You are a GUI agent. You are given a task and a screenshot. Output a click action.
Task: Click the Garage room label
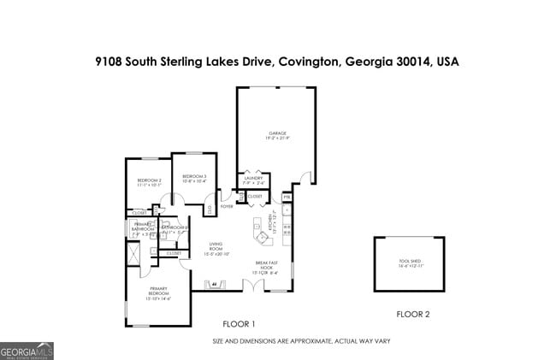pyautogui.click(x=277, y=135)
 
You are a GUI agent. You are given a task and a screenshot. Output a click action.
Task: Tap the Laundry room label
pyautogui.click(x=253, y=180)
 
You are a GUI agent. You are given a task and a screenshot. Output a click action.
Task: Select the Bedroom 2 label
pyautogui.click(x=149, y=181)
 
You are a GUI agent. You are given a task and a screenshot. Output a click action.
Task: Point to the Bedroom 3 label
pyautogui.click(x=194, y=179)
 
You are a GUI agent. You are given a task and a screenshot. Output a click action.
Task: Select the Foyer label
pyautogui.click(x=228, y=206)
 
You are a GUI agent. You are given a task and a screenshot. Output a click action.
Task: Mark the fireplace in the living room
pyautogui.click(x=215, y=285)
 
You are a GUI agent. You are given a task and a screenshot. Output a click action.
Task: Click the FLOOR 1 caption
pyautogui.click(x=239, y=324)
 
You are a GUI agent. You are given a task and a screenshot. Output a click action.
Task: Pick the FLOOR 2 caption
pyautogui.click(x=413, y=314)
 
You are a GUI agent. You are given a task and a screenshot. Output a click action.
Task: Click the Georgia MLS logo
pyautogui.click(x=27, y=351)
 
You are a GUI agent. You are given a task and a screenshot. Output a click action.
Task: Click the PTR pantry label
pyautogui.click(x=287, y=197)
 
